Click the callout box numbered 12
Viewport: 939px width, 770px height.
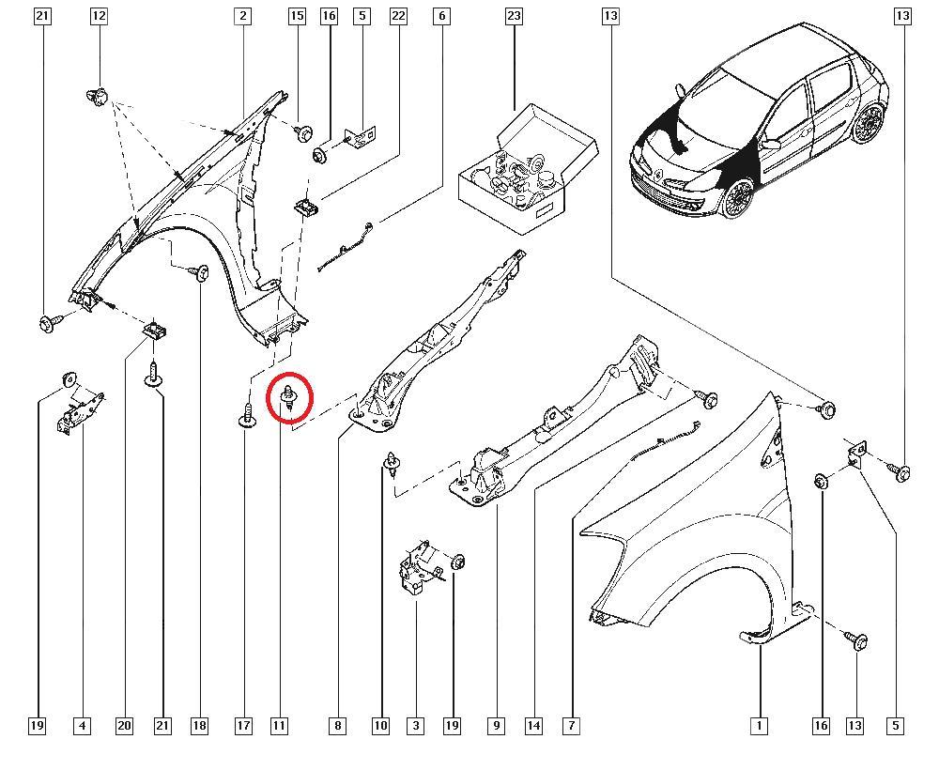click(99, 16)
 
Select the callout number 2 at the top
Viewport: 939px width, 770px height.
click(243, 16)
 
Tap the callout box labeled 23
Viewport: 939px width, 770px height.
click(514, 16)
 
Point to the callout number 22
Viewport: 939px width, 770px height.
click(398, 16)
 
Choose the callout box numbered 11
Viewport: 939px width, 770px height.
click(279, 725)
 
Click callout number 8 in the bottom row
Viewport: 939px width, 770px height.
click(337, 725)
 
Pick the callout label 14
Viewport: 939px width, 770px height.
click(533, 725)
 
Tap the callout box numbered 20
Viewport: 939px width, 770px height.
click(124, 725)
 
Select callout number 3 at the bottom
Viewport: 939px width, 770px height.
click(415, 725)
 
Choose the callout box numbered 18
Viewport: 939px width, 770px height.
click(198, 725)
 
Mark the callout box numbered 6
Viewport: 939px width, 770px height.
click(441, 16)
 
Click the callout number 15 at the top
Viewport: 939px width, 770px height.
click(297, 16)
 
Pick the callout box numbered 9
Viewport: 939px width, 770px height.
click(496, 725)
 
